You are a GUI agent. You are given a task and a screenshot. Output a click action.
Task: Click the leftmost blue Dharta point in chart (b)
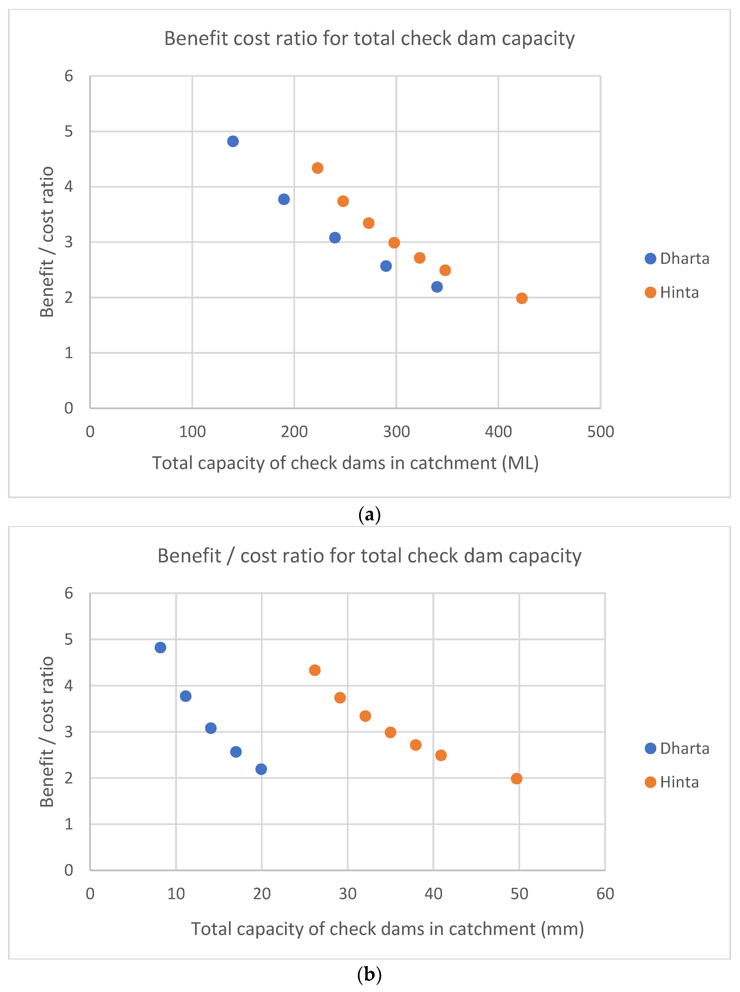pyautogui.click(x=160, y=648)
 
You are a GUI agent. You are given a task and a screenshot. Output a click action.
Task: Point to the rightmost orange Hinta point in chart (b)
pyautogui.click(x=517, y=779)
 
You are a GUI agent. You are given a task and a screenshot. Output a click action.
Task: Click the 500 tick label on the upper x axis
pyautogui.click(x=600, y=432)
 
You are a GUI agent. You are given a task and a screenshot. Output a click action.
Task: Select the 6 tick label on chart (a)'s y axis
pyautogui.click(x=69, y=76)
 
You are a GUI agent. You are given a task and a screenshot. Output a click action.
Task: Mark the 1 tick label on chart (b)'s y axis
pyautogui.click(x=69, y=824)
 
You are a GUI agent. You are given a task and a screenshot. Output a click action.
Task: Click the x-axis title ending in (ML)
pyautogui.click(x=345, y=463)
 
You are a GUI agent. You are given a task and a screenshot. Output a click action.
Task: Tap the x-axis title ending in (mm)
pyautogui.click(x=387, y=929)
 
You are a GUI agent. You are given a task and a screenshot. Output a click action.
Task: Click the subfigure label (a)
pyautogui.click(x=370, y=514)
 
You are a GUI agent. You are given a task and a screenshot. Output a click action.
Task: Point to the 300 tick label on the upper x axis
pyautogui.click(x=396, y=432)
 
